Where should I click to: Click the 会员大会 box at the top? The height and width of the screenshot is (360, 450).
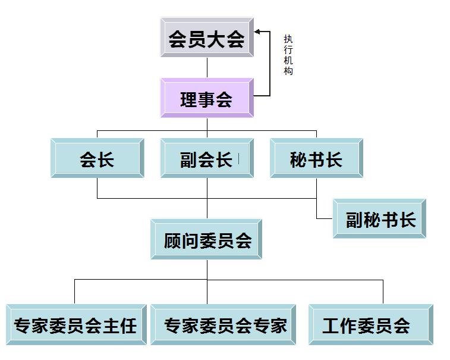207,39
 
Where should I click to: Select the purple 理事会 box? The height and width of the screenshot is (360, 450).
207,99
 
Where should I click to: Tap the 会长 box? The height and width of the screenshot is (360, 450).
97,159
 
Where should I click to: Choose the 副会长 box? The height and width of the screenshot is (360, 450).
207,159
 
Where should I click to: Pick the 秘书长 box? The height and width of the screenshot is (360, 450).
316,159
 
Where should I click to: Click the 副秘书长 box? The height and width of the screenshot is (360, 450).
379,219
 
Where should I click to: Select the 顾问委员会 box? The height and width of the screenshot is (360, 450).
207,240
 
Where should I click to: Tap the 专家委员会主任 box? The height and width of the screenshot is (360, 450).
76,325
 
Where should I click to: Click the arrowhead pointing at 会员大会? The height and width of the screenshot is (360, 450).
257,31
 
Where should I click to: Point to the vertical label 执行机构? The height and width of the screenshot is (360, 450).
288,54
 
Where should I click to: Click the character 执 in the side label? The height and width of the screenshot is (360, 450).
288,39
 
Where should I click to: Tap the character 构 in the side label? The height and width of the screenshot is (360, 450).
288,71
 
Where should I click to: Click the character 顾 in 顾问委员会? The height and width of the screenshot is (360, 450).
172,240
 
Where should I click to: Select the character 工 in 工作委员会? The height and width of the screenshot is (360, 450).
333,325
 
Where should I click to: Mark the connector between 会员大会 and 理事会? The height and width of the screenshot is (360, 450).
207,68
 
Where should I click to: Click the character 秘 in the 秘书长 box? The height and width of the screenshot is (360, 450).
298,159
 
